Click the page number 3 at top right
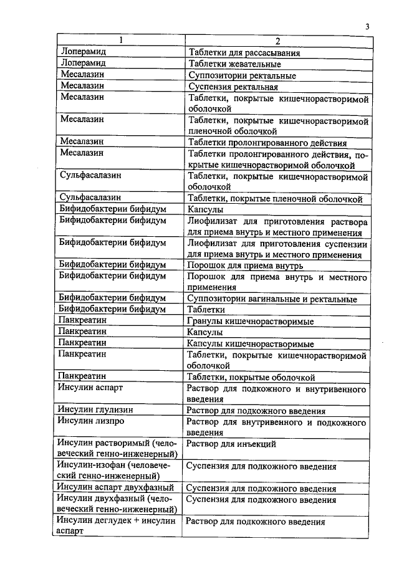tap(368, 26)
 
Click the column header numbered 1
tap(121, 42)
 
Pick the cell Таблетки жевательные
tap(234, 64)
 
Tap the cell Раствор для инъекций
tap(232, 444)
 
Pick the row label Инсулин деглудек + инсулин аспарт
tap(116, 527)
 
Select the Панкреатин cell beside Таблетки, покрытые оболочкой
tap(82, 377)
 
